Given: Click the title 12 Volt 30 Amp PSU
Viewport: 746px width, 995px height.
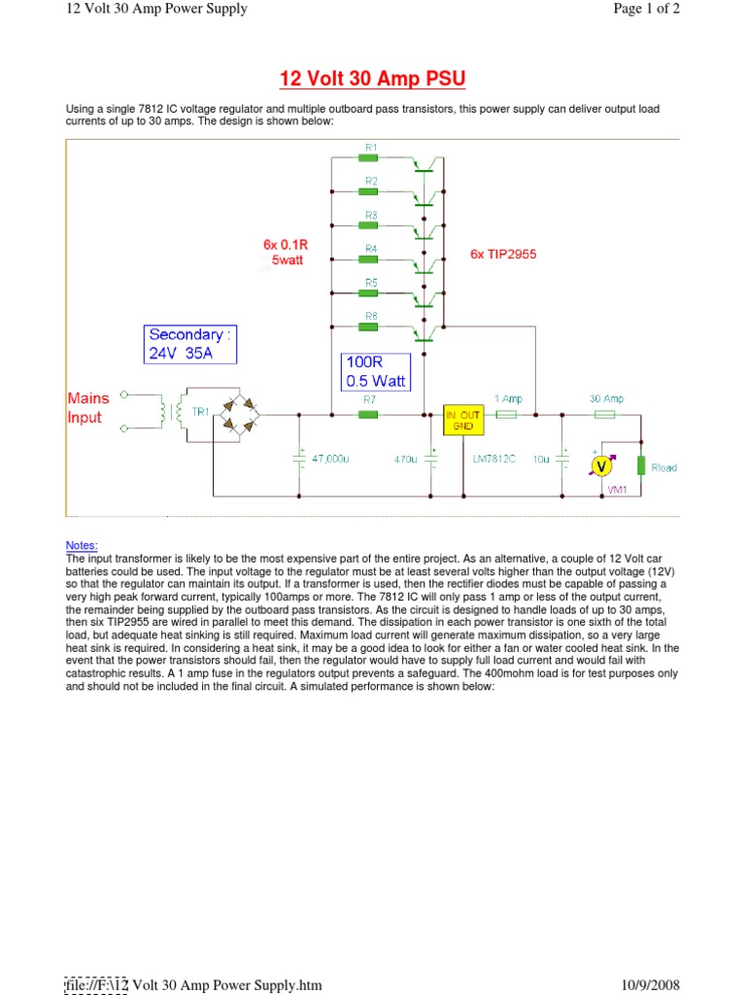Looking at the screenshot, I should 373,78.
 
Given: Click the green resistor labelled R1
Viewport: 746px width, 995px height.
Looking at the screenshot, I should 369,158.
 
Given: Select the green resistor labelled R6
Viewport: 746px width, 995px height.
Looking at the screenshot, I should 369,327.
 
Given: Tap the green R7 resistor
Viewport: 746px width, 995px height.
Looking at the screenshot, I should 369,414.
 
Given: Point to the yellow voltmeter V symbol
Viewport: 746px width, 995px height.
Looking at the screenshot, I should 602,466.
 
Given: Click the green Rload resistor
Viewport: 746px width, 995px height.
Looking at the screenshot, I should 641,465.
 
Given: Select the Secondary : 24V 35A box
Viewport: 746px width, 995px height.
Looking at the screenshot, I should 189,344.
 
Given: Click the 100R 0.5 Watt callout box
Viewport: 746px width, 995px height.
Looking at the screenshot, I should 377,371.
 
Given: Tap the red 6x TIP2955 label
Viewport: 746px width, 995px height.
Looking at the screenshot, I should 503,255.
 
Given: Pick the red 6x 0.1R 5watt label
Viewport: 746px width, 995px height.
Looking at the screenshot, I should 283,253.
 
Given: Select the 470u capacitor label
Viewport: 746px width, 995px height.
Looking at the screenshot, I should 404,458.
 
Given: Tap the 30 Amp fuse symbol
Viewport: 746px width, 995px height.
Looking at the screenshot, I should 604,414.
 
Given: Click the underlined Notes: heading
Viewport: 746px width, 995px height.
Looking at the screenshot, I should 82,546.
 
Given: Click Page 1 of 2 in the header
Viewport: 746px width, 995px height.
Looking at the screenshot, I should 646,9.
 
